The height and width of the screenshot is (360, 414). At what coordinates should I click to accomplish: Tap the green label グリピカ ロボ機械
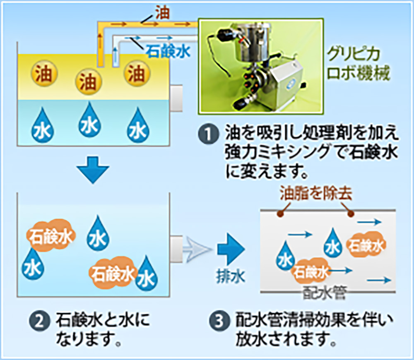coord(358,64)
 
